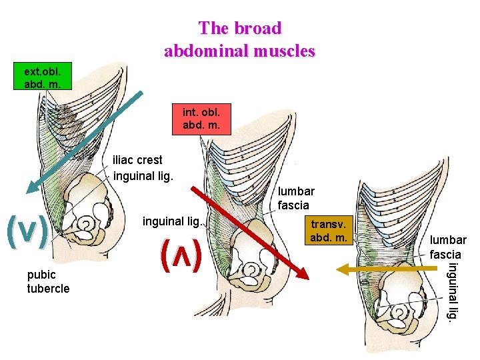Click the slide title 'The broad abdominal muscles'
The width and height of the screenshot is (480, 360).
(x=240, y=39)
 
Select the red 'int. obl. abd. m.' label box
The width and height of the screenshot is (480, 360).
(x=201, y=119)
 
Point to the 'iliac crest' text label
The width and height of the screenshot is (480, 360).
(x=137, y=161)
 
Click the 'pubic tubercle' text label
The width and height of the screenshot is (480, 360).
(x=48, y=281)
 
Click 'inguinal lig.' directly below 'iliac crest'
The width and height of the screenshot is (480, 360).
(x=143, y=177)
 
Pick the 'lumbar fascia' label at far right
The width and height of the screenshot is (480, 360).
(x=448, y=247)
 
